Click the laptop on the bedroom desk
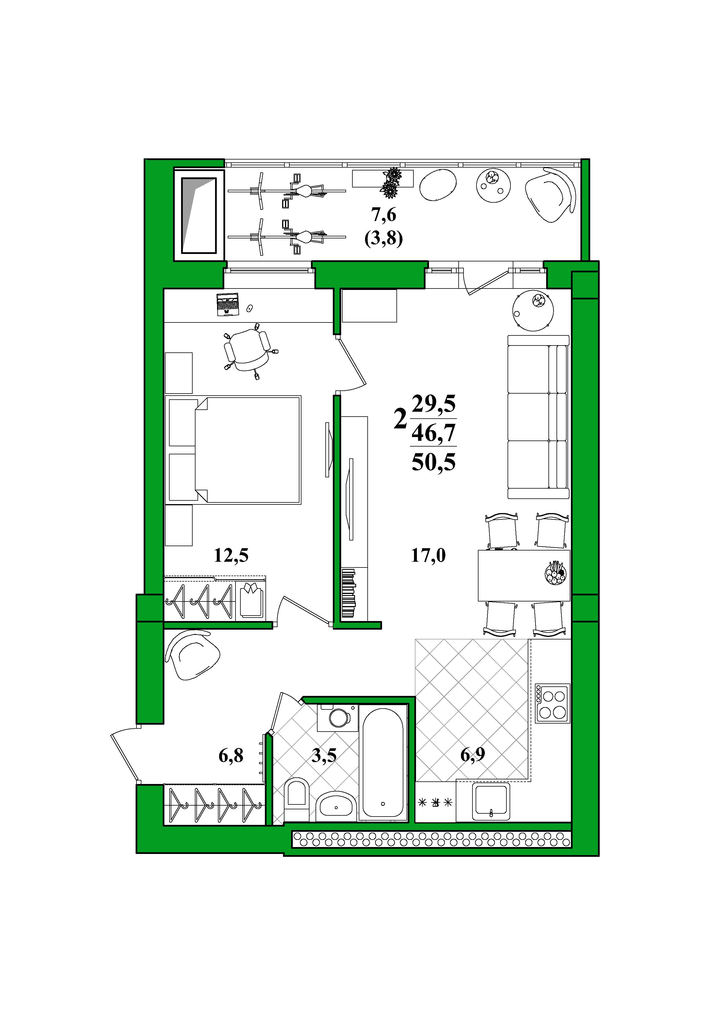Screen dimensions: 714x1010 (x=227, y=304)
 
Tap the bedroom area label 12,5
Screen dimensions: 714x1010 (x=231, y=556)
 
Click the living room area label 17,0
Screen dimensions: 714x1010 (x=428, y=556)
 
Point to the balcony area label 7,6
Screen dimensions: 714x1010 (x=383, y=215)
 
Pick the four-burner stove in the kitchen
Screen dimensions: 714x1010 (x=552, y=703)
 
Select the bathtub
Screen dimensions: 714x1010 (x=383, y=762)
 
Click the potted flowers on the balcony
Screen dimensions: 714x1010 (x=391, y=183)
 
